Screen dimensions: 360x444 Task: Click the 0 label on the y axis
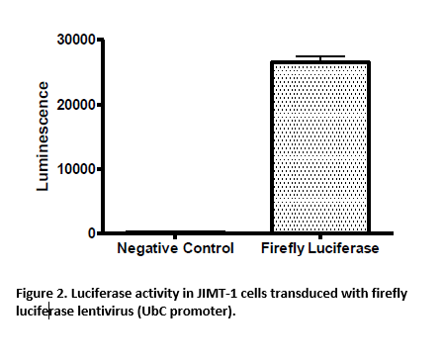(90, 233)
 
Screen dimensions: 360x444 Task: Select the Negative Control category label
(176, 249)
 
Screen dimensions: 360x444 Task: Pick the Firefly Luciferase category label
(319, 249)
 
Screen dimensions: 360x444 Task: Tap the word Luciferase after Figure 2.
(97, 295)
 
